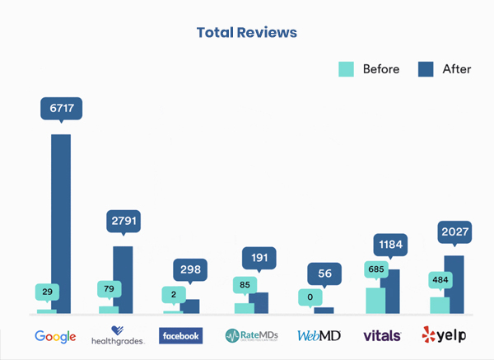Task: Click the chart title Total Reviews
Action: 246,33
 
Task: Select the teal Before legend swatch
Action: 346,69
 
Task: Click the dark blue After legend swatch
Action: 426,69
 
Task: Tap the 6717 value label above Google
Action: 61,108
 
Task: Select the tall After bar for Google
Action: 61,223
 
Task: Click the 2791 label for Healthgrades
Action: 124,220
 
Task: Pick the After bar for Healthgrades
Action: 123,279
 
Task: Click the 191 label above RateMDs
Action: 259,258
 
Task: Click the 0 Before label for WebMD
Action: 309,297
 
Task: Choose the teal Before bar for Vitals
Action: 375,300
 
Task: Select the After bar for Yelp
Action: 454,283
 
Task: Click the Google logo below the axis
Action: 56,336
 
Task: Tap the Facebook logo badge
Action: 181,336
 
